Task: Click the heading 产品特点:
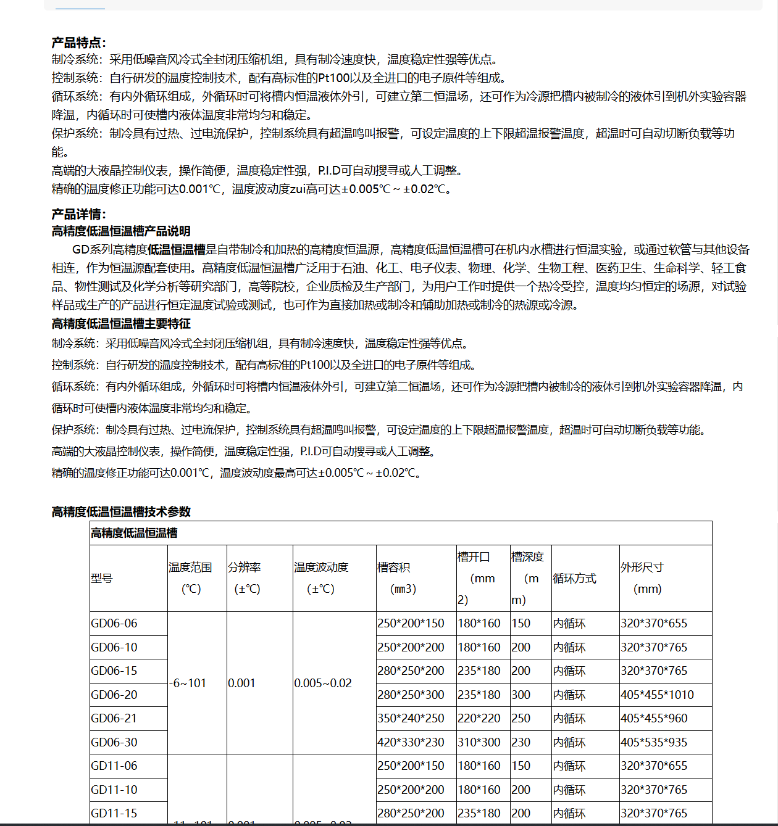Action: pyautogui.click(x=78, y=43)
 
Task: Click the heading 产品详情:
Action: pyautogui.click(x=78, y=214)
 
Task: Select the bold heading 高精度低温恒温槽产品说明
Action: pyautogui.click(x=121, y=231)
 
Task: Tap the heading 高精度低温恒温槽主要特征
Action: pyautogui.click(x=121, y=324)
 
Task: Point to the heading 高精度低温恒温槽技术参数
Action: pyautogui.click(x=121, y=511)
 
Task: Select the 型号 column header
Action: pyautogui.click(x=102, y=578)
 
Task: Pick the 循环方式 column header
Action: pyautogui.click(x=574, y=578)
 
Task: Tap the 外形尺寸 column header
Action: pyautogui.click(x=642, y=567)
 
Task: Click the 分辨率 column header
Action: pyautogui.click(x=244, y=567)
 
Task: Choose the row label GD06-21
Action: pyautogui.click(x=114, y=718)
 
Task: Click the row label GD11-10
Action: pyautogui.click(x=114, y=790)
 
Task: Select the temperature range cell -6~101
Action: pyautogui.click(x=188, y=683)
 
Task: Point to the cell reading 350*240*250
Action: pyautogui.click(x=411, y=718)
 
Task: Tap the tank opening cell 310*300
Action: pyautogui.click(x=479, y=742)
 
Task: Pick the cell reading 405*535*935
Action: pyautogui.click(x=654, y=742)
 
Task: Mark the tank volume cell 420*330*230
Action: pyautogui.click(x=411, y=742)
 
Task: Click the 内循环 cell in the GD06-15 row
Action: pyautogui.click(x=569, y=671)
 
